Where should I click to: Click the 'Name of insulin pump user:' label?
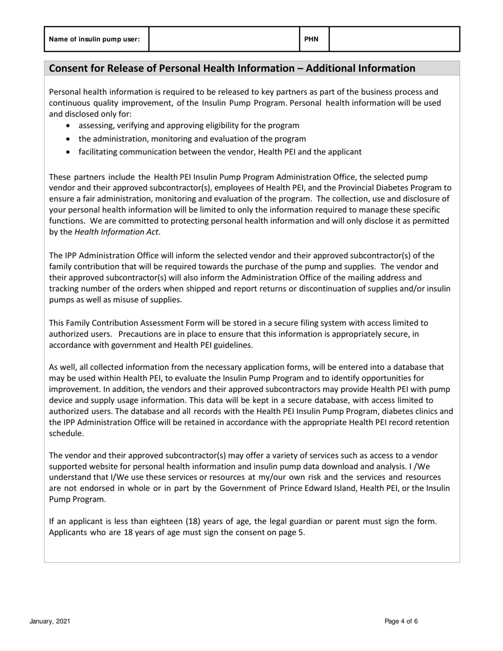94,39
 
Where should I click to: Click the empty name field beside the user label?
224,39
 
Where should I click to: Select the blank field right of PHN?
394,39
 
